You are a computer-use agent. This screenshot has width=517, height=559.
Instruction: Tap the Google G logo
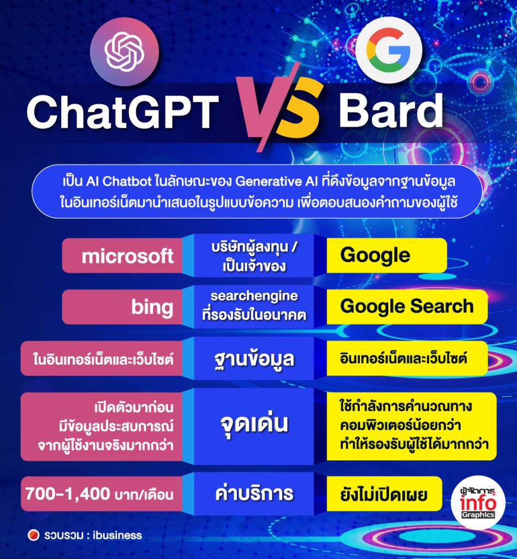tap(388, 52)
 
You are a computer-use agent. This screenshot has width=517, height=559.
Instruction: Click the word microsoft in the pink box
tap(128, 256)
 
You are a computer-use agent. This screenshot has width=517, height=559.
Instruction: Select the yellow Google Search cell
tap(407, 306)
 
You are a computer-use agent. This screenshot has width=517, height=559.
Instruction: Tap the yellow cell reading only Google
tap(375, 255)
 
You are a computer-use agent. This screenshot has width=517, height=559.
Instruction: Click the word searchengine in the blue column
tap(254, 296)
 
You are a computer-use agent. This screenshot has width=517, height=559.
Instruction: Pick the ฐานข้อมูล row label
tap(254, 359)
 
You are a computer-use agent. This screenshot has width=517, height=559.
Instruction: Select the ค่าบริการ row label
tap(254, 494)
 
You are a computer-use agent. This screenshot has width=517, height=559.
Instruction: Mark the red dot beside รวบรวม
tap(34, 535)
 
